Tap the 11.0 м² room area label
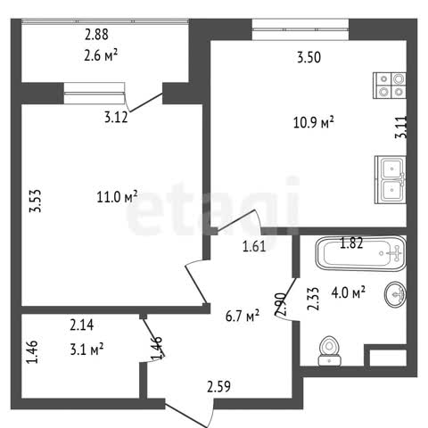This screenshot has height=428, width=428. pos(117,197)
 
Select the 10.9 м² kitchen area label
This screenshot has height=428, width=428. pos(314,122)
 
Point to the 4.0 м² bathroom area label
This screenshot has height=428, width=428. pos(348,292)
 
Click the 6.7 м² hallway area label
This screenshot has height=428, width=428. pos(243,316)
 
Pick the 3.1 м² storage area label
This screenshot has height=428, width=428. pos(86,350)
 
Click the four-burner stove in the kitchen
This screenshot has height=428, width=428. pos(390,86)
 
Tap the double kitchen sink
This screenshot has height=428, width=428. pos(390,180)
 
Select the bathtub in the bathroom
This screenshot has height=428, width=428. pos(361,253)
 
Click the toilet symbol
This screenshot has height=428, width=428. pos(329,350)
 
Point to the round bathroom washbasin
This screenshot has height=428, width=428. pos(395,293)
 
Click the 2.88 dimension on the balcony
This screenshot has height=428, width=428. pos(96,35)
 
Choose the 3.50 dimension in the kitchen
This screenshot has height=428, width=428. pos(309,57)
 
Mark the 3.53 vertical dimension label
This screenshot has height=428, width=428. pos(35,202)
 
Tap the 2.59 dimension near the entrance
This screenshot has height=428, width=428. pos(218,387)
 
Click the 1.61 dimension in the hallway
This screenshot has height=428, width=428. pos(254,246)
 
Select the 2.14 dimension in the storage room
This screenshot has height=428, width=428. pos(82,325)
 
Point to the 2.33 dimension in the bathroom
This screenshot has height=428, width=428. pos(313,299)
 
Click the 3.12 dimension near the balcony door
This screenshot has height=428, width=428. pos(116,117)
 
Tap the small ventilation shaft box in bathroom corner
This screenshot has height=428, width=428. pos(388,358)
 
